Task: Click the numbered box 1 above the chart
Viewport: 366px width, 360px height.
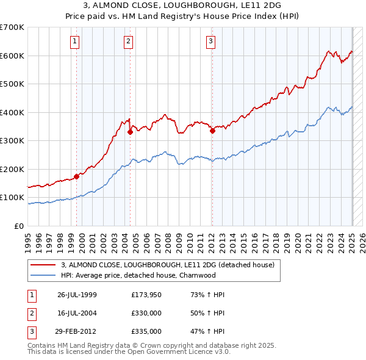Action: [x=74, y=41]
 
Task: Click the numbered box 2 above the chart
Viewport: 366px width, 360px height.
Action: [x=129, y=41]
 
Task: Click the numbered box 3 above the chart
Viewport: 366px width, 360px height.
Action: [x=210, y=41]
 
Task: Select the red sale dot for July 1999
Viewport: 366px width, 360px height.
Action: [x=76, y=176]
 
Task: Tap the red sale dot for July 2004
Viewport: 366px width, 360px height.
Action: [x=130, y=132]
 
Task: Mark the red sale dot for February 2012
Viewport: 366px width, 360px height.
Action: [x=212, y=131]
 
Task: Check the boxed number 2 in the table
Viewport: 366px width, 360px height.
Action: [x=30, y=313]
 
